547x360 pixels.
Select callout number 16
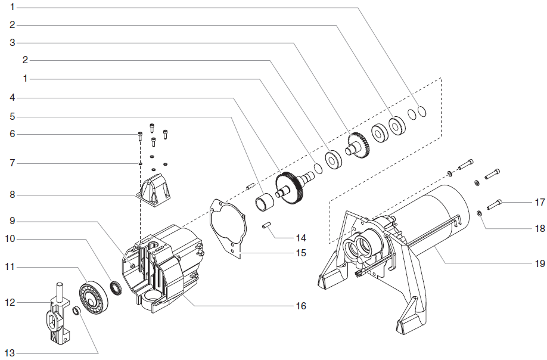coord(301,306)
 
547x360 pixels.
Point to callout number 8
coord(13,194)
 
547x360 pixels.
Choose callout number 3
coord(13,42)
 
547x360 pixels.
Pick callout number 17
coord(539,202)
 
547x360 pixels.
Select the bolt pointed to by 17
coord(495,206)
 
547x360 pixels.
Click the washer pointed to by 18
coord(479,213)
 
